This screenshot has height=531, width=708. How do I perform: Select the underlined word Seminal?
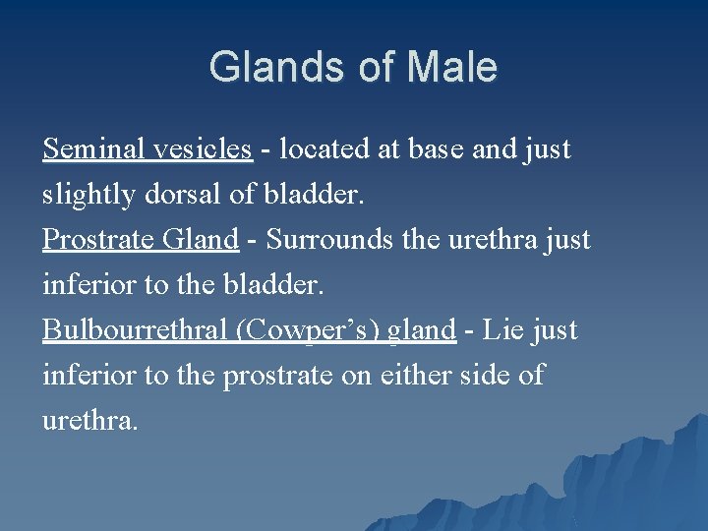pos(94,149)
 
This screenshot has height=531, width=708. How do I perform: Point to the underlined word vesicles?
pos(203,149)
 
